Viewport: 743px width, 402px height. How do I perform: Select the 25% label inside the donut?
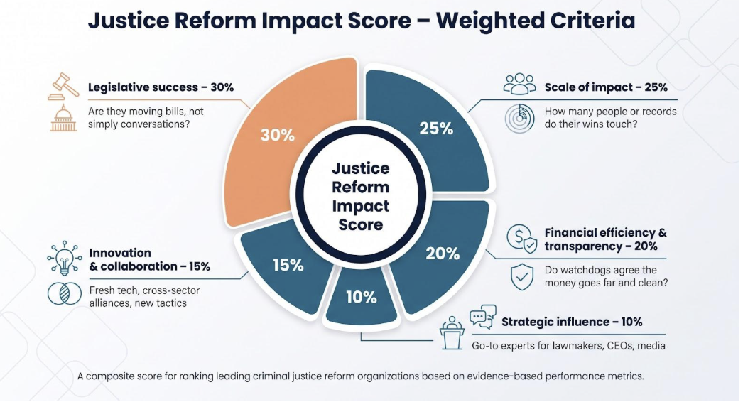pos(436,129)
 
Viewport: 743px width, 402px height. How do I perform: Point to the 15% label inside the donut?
pos(288,265)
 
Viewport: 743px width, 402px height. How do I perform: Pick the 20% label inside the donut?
pos(442,254)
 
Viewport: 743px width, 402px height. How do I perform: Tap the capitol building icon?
pos(63,118)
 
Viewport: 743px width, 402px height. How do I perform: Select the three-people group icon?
pos(520,84)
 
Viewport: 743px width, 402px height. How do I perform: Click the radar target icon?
pos(520,118)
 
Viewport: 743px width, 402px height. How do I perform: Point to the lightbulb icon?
pos(65,258)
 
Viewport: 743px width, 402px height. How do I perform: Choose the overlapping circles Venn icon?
pos(65,293)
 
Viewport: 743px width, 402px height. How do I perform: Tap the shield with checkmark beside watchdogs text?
pos(521,277)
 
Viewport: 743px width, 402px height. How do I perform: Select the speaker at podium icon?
pos(452,333)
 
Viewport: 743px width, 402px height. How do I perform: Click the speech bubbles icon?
pos(483,317)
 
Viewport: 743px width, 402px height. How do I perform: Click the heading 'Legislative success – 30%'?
pos(161,87)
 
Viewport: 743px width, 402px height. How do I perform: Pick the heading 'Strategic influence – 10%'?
pos(572,322)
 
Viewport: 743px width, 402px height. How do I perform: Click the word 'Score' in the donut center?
pos(361,224)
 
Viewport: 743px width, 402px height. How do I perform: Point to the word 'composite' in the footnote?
pos(109,376)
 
